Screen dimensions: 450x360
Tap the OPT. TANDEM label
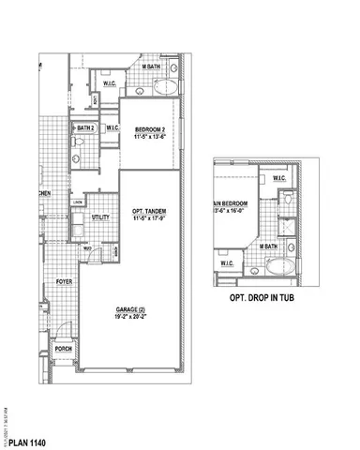coord(150,212)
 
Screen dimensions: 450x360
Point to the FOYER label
coord(64,280)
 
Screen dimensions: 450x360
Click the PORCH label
coord(64,348)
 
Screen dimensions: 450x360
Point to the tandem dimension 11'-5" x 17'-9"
coord(150,220)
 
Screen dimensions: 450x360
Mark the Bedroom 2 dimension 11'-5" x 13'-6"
coord(149,136)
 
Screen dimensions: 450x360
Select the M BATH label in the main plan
coord(148,67)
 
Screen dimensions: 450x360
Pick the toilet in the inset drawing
coord(288,201)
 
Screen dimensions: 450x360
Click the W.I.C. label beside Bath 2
coord(112,127)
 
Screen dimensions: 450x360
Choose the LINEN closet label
coord(80,202)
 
